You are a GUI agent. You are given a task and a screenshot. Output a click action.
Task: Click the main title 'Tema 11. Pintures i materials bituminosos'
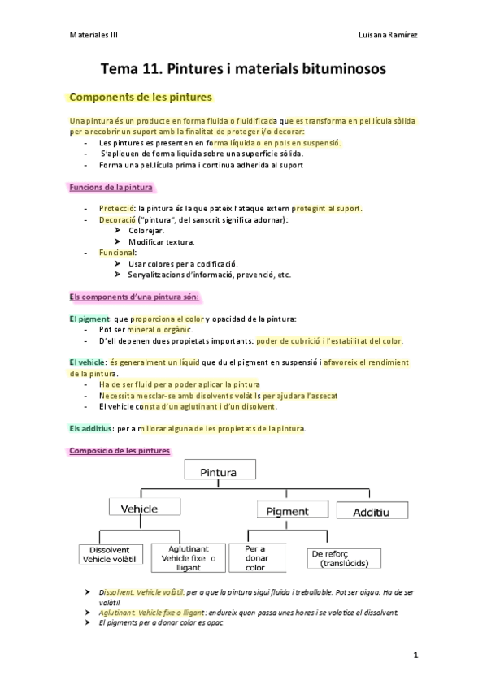click(x=243, y=70)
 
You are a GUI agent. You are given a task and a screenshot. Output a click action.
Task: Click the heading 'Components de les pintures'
click(x=141, y=97)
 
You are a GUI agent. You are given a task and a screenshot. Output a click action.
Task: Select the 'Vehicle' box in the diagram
click(x=139, y=509)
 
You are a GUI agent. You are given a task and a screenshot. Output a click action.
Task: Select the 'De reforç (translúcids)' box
click(x=339, y=559)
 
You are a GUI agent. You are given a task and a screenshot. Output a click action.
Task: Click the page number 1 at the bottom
click(x=415, y=655)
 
